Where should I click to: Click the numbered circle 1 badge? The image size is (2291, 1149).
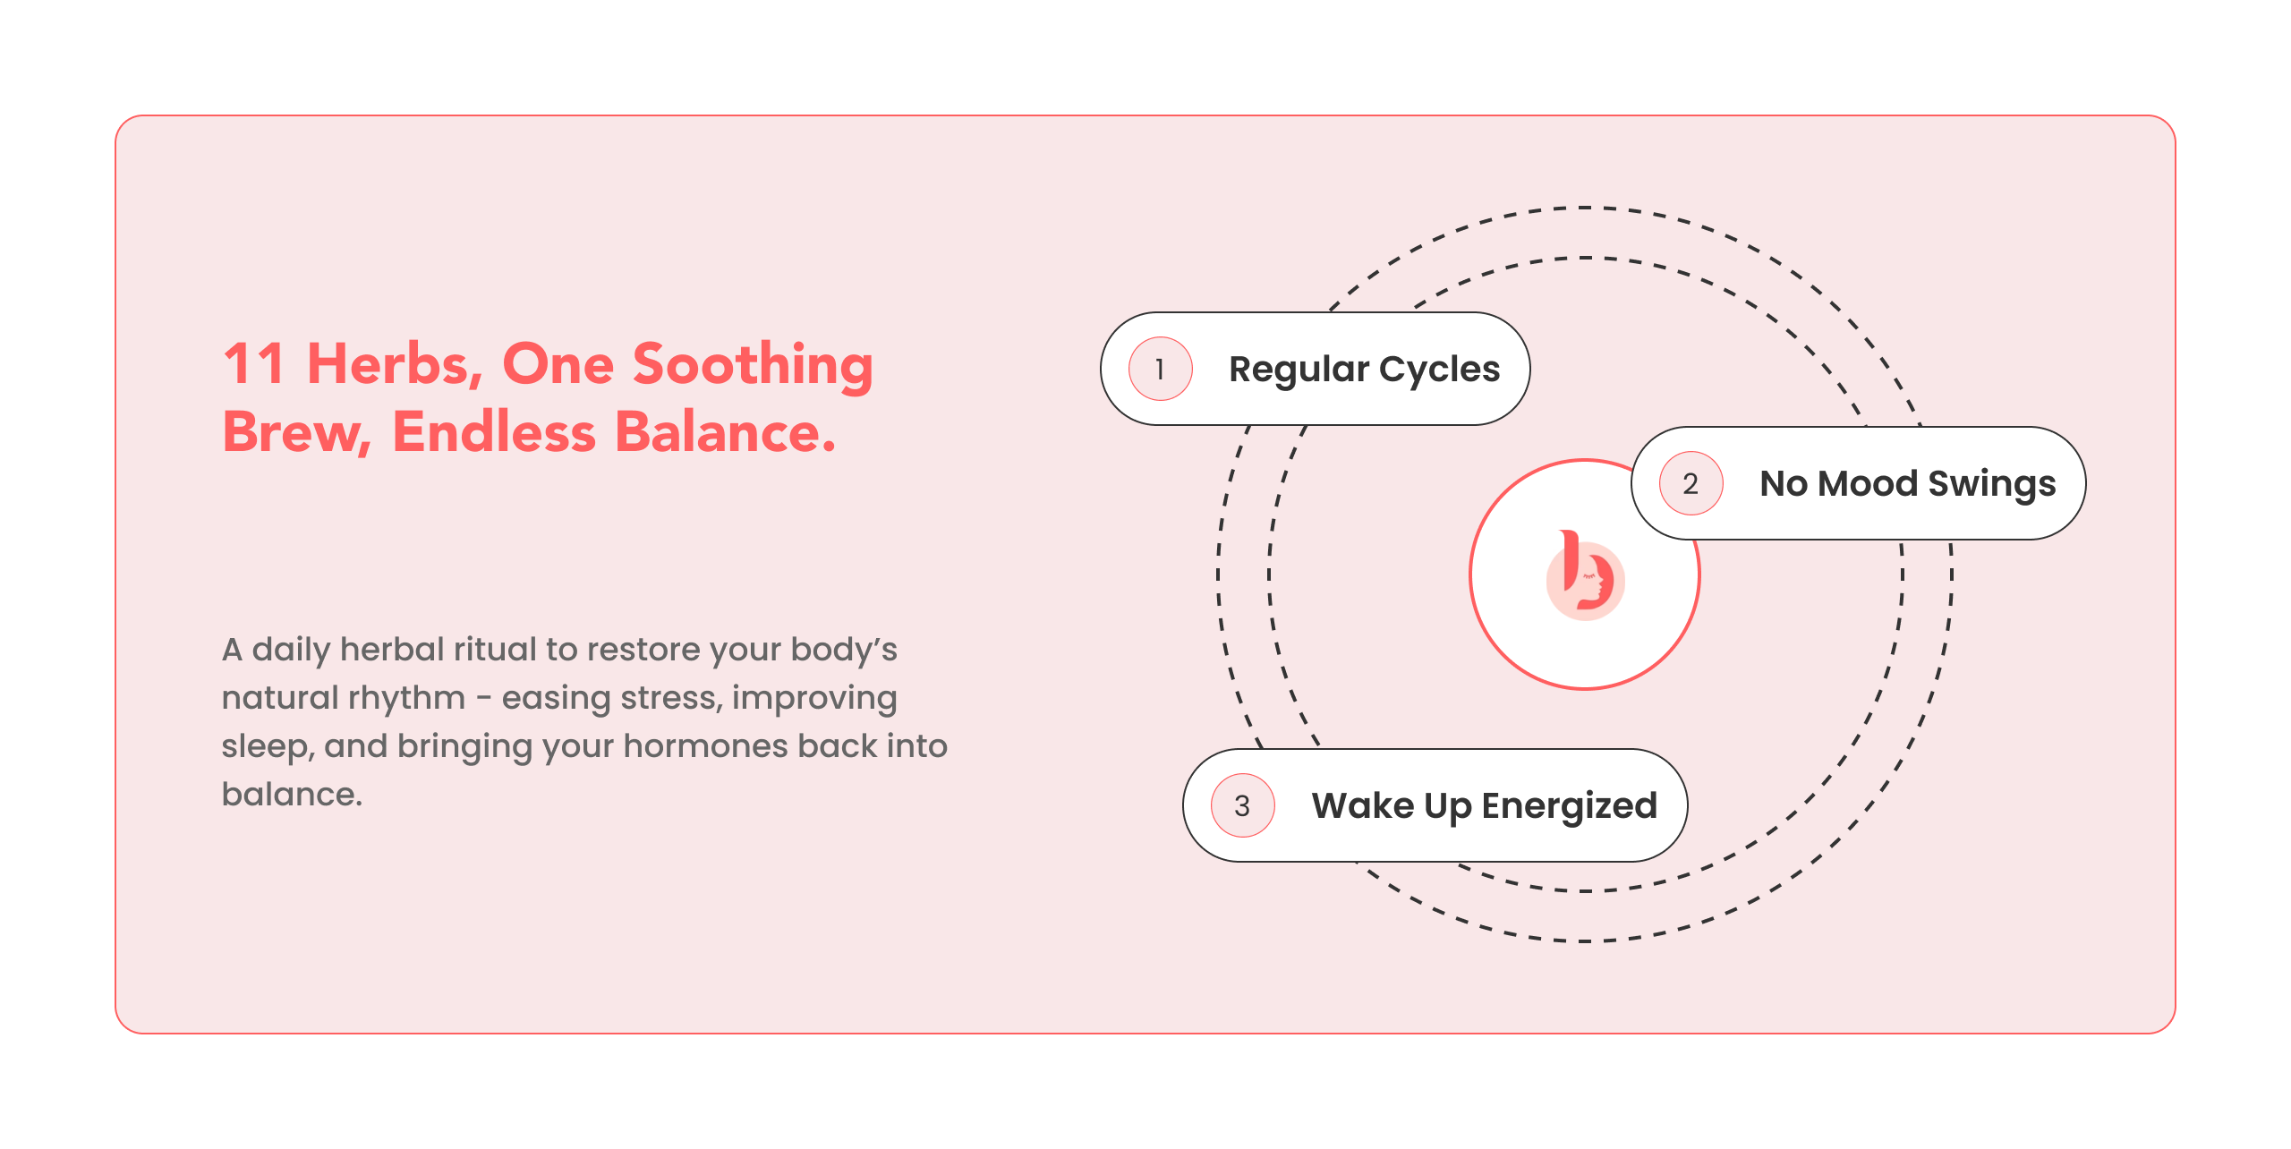(1161, 369)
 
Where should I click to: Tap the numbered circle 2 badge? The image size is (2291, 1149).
(1691, 483)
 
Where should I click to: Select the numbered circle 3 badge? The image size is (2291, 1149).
(1243, 805)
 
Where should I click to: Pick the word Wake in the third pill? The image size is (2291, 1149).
(1363, 805)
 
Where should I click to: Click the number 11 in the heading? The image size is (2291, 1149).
(253, 364)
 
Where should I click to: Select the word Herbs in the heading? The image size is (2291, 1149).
(395, 364)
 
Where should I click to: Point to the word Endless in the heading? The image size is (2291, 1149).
(494, 431)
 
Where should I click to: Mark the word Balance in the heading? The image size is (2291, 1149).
(726, 431)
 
